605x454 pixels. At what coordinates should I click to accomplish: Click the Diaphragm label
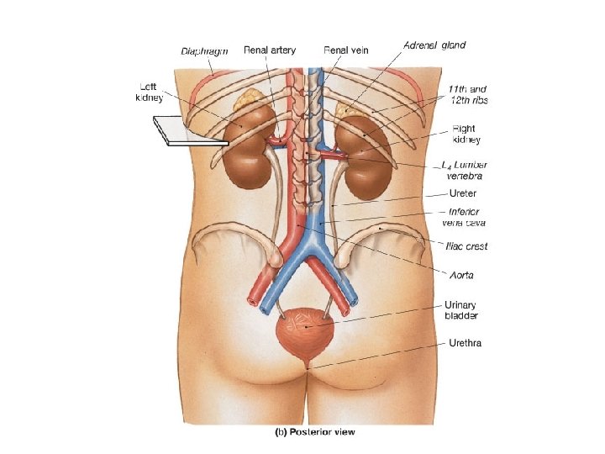click(x=205, y=50)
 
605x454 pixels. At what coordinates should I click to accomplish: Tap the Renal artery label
click(x=269, y=50)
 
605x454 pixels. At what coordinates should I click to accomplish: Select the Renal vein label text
click(x=345, y=50)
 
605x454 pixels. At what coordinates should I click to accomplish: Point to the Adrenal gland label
click(x=434, y=45)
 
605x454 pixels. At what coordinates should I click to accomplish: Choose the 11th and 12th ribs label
click(x=466, y=94)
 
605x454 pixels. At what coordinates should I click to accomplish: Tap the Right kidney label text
click(x=465, y=135)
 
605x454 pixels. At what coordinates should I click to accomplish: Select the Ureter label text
click(x=463, y=193)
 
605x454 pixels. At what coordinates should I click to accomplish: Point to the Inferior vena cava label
click(x=463, y=217)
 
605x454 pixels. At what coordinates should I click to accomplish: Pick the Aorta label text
click(x=461, y=275)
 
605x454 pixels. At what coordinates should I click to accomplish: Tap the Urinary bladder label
click(x=461, y=310)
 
